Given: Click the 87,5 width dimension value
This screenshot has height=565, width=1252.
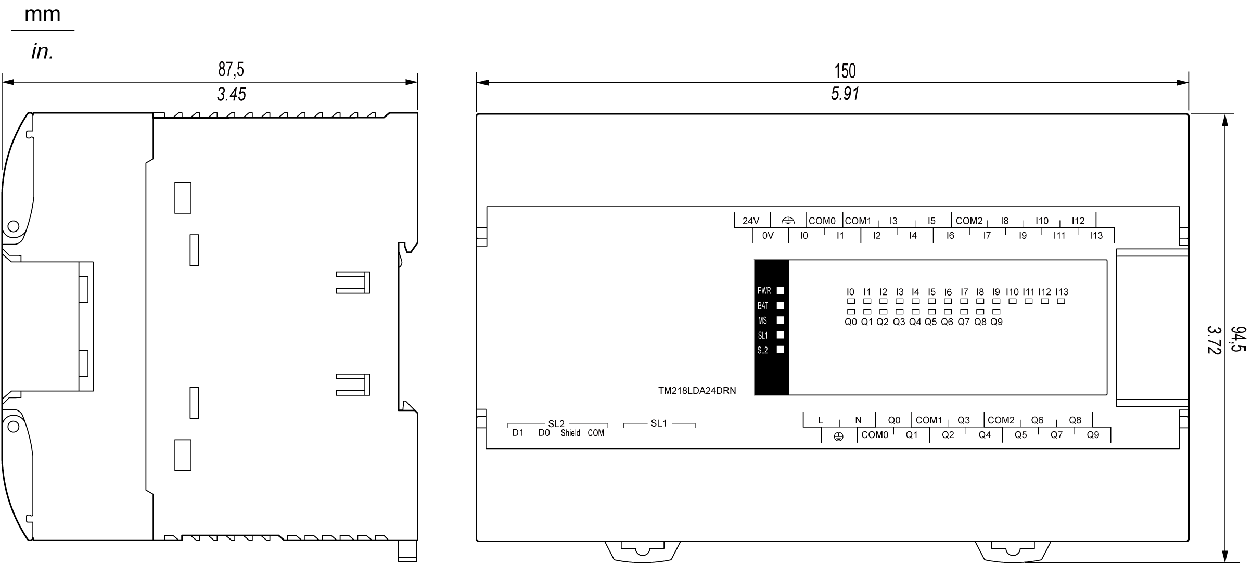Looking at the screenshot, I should click(x=231, y=69).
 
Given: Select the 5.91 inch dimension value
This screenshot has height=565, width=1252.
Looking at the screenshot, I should click(x=845, y=94).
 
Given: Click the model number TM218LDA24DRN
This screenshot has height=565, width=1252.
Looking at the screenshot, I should click(x=697, y=391).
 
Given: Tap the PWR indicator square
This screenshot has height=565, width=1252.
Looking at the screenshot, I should click(x=780, y=291).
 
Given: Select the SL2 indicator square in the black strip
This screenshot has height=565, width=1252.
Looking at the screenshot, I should click(x=780, y=350).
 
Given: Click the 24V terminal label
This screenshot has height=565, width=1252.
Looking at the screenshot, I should click(x=750, y=221).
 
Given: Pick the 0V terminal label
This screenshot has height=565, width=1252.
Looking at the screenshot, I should click(x=768, y=236).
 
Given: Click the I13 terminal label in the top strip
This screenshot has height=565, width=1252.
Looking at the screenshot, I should click(x=1096, y=236).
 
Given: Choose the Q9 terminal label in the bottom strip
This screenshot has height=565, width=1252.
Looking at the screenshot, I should click(x=1093, y=435).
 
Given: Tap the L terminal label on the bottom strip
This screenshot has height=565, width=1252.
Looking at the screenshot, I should click(x=821, y=420).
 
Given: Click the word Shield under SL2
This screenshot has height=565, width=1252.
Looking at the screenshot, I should click(x=570, y=433).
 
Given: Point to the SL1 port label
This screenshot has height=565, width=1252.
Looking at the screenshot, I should click(x=658, y=423).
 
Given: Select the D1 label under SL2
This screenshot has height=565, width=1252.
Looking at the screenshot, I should click(x=518, y=433).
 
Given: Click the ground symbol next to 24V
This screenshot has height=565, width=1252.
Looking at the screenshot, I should click(x=788, y=221).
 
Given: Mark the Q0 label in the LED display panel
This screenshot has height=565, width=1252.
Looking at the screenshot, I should click(x=850, y=322).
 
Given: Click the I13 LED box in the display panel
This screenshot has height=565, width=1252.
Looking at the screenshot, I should click(x=1061, y=301).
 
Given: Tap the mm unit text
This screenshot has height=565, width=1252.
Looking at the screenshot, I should click(x=43, y=15).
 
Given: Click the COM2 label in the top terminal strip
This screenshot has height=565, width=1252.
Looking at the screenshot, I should click(x=969, y=221).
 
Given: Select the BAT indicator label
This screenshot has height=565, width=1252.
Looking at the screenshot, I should click(x=763, y=306).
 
